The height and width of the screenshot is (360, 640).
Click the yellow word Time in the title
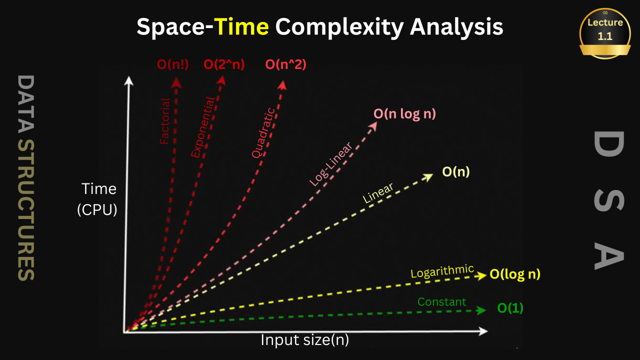(x=241, y=26)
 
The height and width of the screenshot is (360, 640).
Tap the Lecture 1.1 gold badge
(x=605, y=33)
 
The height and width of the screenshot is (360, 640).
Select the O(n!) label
(x=172, y=64)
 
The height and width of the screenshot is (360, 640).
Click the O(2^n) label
(x=224, y=64)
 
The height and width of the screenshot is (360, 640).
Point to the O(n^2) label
(x=285, y=64)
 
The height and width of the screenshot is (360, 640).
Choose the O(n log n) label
(x=404, y=113)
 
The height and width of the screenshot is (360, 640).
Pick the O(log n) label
(x=515, y=274)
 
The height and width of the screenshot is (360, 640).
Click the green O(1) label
(x=510, y=307)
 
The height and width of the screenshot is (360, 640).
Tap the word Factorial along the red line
(x=165, y=121)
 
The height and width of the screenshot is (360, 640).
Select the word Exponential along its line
(x=202, y=127)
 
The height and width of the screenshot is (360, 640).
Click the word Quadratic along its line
(x=263, y=133)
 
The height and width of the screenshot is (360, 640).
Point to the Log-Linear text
(x=331, y=164)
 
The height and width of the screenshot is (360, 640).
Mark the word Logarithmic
(x=442, y=271)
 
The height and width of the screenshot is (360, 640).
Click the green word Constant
(x=441, y=301)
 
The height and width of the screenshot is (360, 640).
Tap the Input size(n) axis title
(x=305, y=340)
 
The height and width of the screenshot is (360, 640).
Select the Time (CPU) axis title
(x=97, y=199)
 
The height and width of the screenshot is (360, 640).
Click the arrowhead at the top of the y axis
(x=129, y=80)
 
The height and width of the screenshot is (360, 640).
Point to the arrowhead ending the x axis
(x=483, y=331)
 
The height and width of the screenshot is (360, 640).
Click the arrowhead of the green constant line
(x=481, y=310)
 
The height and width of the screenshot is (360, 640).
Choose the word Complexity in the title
(x=339, y=27)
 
